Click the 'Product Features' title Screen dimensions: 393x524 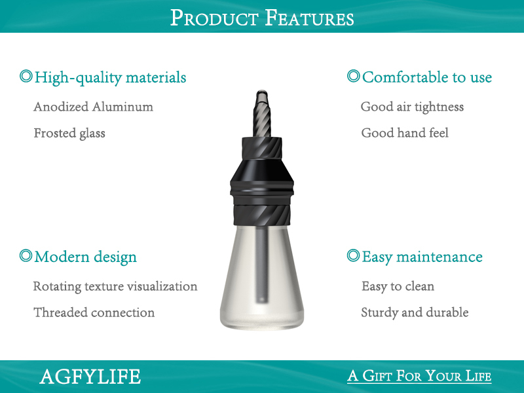(262, 17)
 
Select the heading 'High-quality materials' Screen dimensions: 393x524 (110, 78)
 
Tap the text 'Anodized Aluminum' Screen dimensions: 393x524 (93, 107)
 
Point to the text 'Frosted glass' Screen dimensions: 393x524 (69, 133)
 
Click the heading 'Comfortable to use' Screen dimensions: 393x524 (426, 77)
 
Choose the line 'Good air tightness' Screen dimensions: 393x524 (412, 107)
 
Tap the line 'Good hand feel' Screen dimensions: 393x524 (405, 133)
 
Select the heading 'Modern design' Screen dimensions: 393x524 (85, 257)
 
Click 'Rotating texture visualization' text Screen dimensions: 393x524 (115, 286)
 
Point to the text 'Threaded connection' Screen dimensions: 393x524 (94, 312)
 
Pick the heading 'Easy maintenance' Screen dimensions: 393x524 (422, 257)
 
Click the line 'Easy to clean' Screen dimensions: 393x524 (398, 286)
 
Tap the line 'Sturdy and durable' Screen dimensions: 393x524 (415, 312)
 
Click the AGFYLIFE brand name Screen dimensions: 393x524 (90, 377)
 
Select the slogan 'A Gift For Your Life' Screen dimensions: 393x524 (419, 376)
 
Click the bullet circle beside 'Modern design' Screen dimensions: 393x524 (26, 255)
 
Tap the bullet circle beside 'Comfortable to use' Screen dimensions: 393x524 (353, 76)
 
